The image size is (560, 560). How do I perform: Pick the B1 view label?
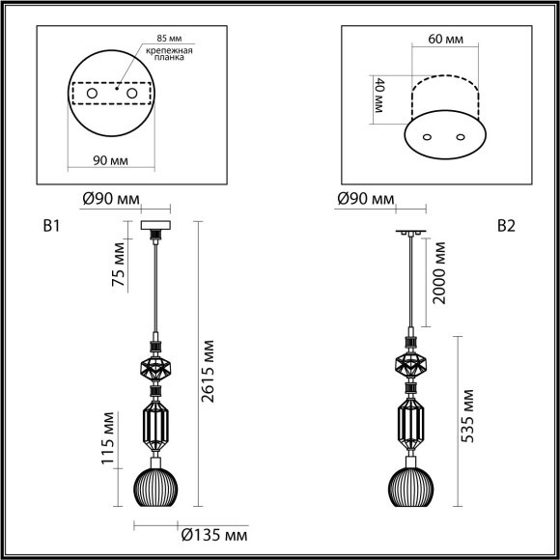(52, 228)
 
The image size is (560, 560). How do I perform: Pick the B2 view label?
(506, 228)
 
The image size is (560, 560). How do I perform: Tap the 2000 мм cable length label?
(439, 273)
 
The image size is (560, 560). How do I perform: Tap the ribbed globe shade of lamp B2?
(411, 486)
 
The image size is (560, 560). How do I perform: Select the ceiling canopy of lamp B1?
(154, 227)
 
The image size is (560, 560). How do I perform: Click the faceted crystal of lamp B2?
(411, 365)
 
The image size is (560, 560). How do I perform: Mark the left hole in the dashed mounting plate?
(94, 94)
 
